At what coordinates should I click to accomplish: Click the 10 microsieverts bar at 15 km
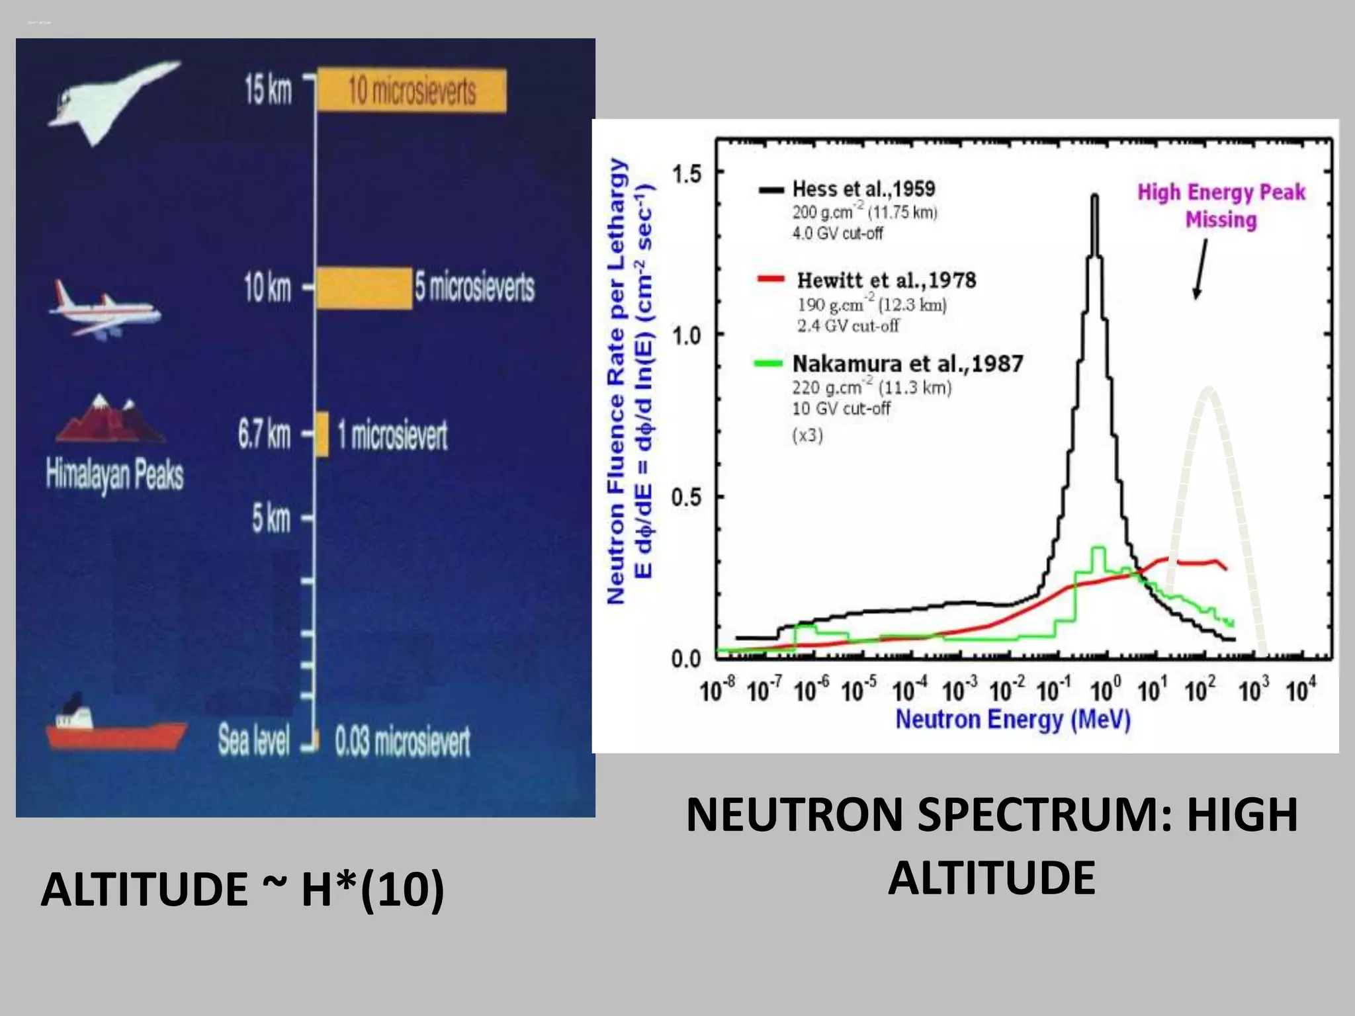point(412,90)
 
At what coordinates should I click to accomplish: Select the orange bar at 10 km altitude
point(363,288)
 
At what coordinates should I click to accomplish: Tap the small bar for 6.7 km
point(322,434)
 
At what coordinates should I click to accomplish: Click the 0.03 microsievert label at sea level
point(402,741)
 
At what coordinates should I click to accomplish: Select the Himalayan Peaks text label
point(114,475)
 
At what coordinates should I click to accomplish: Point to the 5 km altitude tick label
point(271,518)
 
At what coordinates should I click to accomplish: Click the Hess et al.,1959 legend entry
point(863,189)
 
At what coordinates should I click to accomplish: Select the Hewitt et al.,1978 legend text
point(886,280)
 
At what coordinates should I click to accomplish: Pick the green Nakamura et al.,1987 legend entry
point(907,364)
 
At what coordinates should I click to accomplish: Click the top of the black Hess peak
point(1095,196)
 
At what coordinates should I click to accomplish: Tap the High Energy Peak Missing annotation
point(1221,206)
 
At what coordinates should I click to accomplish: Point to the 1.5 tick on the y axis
point(686,174)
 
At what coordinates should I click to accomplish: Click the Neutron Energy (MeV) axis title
point(1013,719)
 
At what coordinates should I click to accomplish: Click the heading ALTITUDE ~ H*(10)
point(242,890)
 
